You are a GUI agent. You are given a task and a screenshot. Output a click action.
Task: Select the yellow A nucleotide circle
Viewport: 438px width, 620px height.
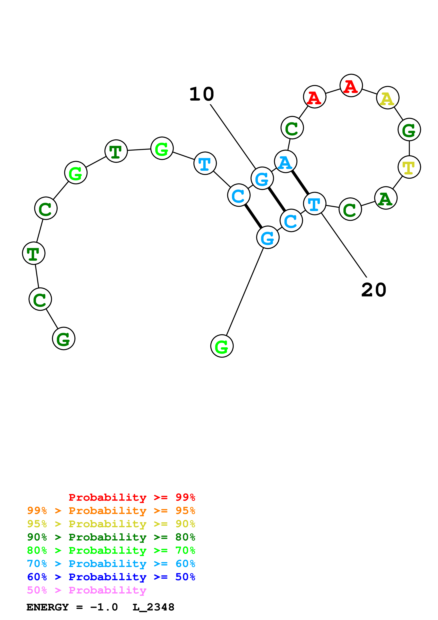[387, 98]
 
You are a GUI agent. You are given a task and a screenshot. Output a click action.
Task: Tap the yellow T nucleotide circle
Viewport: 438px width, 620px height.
[409, 167]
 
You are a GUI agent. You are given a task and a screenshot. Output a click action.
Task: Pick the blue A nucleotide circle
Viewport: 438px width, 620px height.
[286, 162]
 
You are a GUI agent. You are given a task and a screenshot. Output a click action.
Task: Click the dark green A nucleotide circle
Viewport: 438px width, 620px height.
[386, 198]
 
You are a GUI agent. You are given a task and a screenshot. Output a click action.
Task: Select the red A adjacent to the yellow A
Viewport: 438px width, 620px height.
[351, 86]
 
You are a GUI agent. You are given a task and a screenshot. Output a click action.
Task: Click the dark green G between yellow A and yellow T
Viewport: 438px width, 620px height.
[409, 130]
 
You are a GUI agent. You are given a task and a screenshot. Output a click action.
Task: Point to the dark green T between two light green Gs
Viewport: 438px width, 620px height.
[116, 151]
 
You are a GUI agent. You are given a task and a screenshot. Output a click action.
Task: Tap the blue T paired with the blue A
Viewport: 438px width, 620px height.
[314, 204]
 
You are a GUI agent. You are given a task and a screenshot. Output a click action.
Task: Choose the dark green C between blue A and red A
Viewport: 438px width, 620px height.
[292, 128]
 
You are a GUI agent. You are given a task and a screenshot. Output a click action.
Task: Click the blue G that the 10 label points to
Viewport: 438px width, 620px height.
[262, 178]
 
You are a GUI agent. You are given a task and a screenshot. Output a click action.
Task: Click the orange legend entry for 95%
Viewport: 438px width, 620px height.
[111, 510]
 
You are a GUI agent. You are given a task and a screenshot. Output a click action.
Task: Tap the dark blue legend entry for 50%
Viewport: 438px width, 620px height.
[111, 577]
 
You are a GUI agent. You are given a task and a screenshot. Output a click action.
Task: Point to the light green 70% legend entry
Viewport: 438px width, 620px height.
[111, 550]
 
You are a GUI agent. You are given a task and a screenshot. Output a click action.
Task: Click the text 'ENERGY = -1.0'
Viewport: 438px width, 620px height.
[72, 607]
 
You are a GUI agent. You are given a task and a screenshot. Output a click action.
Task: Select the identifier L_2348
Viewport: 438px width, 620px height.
[153, 607]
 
